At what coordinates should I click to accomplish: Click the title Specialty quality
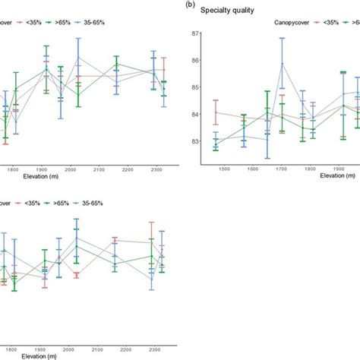point(232,11)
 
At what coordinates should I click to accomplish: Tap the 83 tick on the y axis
point(195,141)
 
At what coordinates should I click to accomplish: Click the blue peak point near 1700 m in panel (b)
point(283,64)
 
